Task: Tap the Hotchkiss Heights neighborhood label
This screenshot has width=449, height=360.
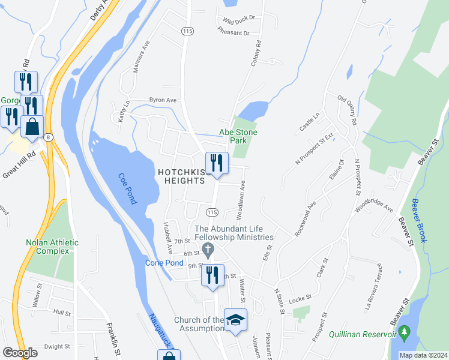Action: (185, 177)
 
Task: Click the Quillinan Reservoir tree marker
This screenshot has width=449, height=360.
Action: (405, 331)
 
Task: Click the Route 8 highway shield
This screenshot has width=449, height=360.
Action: (49, 137)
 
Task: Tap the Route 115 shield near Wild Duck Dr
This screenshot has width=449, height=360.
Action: (188, 31)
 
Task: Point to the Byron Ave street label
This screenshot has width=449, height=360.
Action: (163, 100)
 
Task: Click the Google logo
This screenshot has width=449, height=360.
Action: (20, 353)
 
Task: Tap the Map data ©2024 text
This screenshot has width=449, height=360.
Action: (423, 355)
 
